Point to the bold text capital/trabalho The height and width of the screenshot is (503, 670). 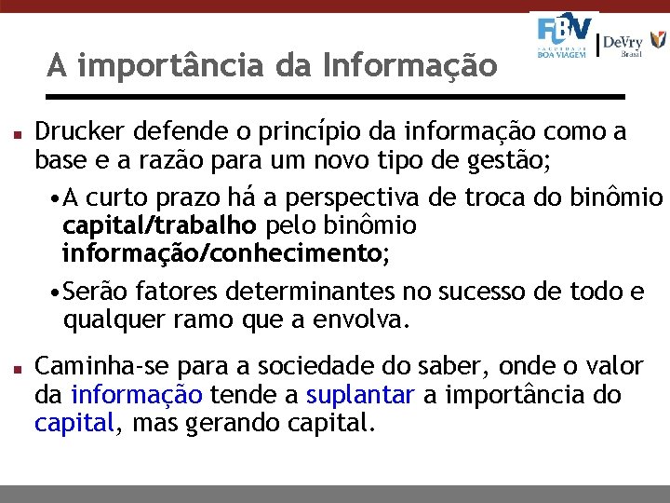159,225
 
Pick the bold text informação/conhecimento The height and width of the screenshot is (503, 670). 221,252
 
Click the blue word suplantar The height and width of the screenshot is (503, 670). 360,394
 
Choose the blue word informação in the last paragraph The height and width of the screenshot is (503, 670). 136,394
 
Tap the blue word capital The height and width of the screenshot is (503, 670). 74,423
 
